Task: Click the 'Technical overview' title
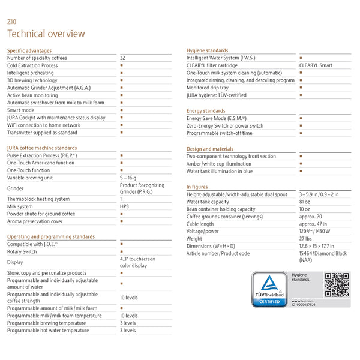pyautogui.click(x=46, y=34)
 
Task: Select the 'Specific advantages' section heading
pyautogui.click(x=29, y=50)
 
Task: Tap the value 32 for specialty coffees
pyautogui.click(x=123, y=58)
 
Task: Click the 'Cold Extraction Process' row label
pyautogui.click(x=32, y=65)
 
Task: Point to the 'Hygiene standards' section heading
pyautogui.click(x=207, y=50)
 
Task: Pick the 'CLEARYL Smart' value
pyautogui.click(x=316, y=65)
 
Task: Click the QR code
pyautogui.click(x=337, y=284)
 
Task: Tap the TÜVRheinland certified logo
pyautogui.click(x=268, y=289)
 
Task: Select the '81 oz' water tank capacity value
pyautogui.click(x=305, y=202)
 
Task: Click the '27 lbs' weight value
pyautogui.click(x=306, y=238)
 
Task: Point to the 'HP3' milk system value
pyautogui.click(x=124, y=206)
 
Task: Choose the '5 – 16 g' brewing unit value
pyautogui.click(x=128, y=178)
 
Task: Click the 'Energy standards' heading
pyautogui.click(x=206, y=111)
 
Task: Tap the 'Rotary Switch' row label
pyautogui.click(x=22, y=251)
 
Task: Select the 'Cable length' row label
pyautogui.click(x=200, y=224)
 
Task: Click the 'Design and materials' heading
pyautogui.click(x=210, y=149)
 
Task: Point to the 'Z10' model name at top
pyautogui.click(x=11, y=22)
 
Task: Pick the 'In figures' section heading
pyautogui.click(x=197, y=187)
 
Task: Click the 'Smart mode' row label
pyautogui.click(x=21, y=110)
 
